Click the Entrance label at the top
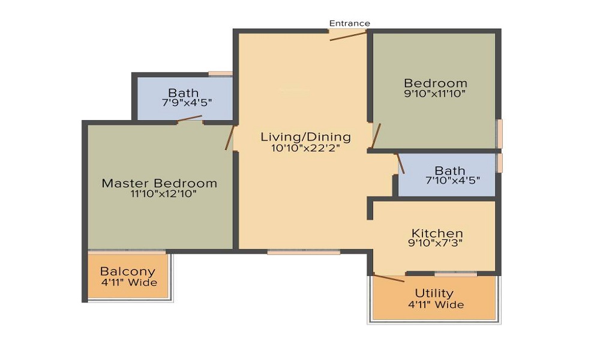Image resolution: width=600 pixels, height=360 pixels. point(349,23)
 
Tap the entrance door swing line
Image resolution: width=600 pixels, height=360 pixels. point(348,36)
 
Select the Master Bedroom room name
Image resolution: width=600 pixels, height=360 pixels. point(159,183)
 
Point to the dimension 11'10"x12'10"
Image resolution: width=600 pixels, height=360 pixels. point(159,194)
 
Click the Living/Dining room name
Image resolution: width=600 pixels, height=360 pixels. point(305,137)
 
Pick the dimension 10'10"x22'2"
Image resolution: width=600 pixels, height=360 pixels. point(305,148)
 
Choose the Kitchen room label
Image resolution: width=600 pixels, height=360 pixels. point(437,233)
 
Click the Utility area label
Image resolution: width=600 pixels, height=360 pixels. point(434,293)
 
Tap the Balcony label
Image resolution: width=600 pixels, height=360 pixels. point(127,271)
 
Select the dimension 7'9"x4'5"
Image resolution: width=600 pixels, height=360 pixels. point(184,103)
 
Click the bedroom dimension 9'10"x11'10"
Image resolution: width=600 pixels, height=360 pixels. point(435,94)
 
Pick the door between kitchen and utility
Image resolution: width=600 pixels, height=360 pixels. point(388,278)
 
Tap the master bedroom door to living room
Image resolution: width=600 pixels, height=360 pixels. point(229,138)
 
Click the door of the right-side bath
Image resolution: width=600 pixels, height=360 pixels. point(400,164)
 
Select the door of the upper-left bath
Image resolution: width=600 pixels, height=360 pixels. point(190,118)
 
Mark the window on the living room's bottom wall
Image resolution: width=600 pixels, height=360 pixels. point(304,253)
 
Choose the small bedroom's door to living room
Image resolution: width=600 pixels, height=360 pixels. point(376,136)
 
